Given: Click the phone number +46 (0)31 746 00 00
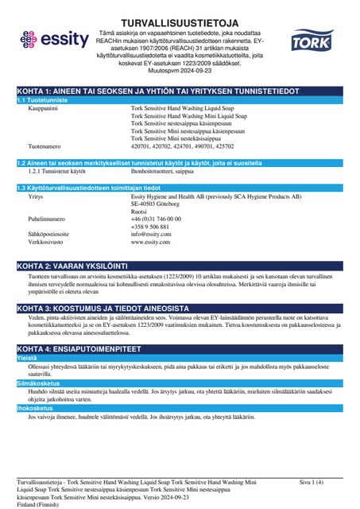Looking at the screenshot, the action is click(165, 218).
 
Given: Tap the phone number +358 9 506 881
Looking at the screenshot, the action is click(157, 226).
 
